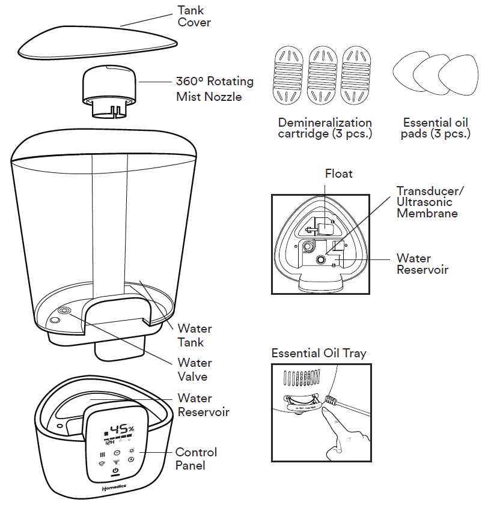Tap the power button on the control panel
[x=115, y=471]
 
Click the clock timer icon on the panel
[x=117, y=452]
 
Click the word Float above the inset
[x=339, y=174]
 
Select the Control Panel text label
[x=196, y=459]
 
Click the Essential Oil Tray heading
[x=319, y=353]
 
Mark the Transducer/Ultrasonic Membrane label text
[x=430, y=202]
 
